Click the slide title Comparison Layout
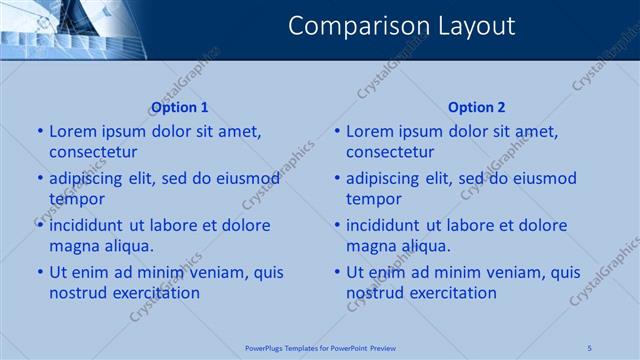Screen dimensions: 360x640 point(401,26)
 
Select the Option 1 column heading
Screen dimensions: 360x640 point(179,107)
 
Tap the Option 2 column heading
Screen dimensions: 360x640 point(477,107)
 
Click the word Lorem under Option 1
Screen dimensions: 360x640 point(72,131)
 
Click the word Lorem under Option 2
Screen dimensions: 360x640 point(369,131)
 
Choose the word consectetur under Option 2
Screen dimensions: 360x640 point(390,152)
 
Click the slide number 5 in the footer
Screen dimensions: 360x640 point(589,348)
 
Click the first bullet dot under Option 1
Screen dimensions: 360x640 point(40,131)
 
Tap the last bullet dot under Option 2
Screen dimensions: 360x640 point(337,272)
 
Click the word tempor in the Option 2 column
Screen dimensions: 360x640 point(374,199)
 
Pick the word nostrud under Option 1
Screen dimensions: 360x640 point(77,293)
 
